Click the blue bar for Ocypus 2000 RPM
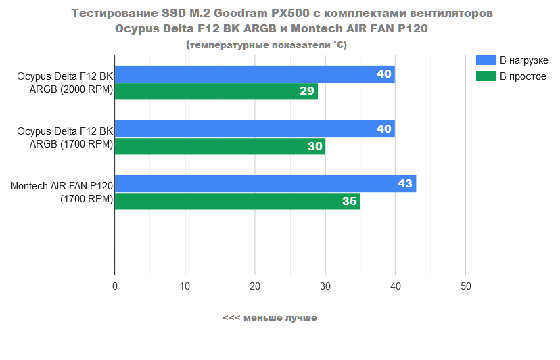point(254,74)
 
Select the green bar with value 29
point(216,91)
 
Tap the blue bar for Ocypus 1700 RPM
point(254,129)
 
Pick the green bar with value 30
point(219,146)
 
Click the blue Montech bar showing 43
point(265,183)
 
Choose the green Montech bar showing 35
point(237,201)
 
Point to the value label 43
point(404,183)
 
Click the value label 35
point(349,201)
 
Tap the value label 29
point(307,91)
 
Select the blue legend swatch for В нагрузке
point(486,60)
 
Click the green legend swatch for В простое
point(486,76)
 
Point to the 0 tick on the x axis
point(115,287)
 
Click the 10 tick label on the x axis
point(185,287)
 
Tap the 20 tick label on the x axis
point(255,287)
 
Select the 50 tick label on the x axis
point(465,287)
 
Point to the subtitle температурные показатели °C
point(266,45)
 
